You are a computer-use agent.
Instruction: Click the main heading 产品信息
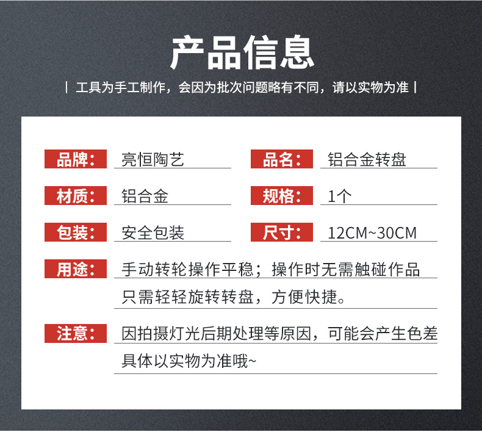[x=242, y=52]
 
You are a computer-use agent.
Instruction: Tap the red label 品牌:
[x=76, y=159]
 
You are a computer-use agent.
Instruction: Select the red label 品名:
[x=282, y=159]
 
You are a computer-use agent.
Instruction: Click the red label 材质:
[x=76, y=195]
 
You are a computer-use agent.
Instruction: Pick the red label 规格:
[x=282, y=195]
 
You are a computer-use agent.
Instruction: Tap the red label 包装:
[x=76, y=232]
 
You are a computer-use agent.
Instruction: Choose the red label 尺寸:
[x=282, y=232]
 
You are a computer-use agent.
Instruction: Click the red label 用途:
[x=76, y=268]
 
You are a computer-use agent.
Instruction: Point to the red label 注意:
[x=76, y=333]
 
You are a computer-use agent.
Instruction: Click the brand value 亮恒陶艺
[x=153, y=160]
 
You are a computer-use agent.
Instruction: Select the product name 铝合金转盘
[x=367, y=160]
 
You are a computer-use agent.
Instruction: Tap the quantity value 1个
[x=340, y=196]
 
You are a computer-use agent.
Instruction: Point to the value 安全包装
[x=153, y=232]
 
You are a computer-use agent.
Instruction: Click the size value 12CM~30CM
[x=372, y=233]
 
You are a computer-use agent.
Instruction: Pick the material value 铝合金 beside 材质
[x=145, y=196]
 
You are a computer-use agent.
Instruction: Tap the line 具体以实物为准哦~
[x=189, y=361]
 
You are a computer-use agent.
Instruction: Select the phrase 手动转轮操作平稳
[x=187, y=269]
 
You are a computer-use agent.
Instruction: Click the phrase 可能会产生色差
[x=383, y=334]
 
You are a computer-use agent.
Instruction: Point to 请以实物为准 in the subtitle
[x=370, y=87]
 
